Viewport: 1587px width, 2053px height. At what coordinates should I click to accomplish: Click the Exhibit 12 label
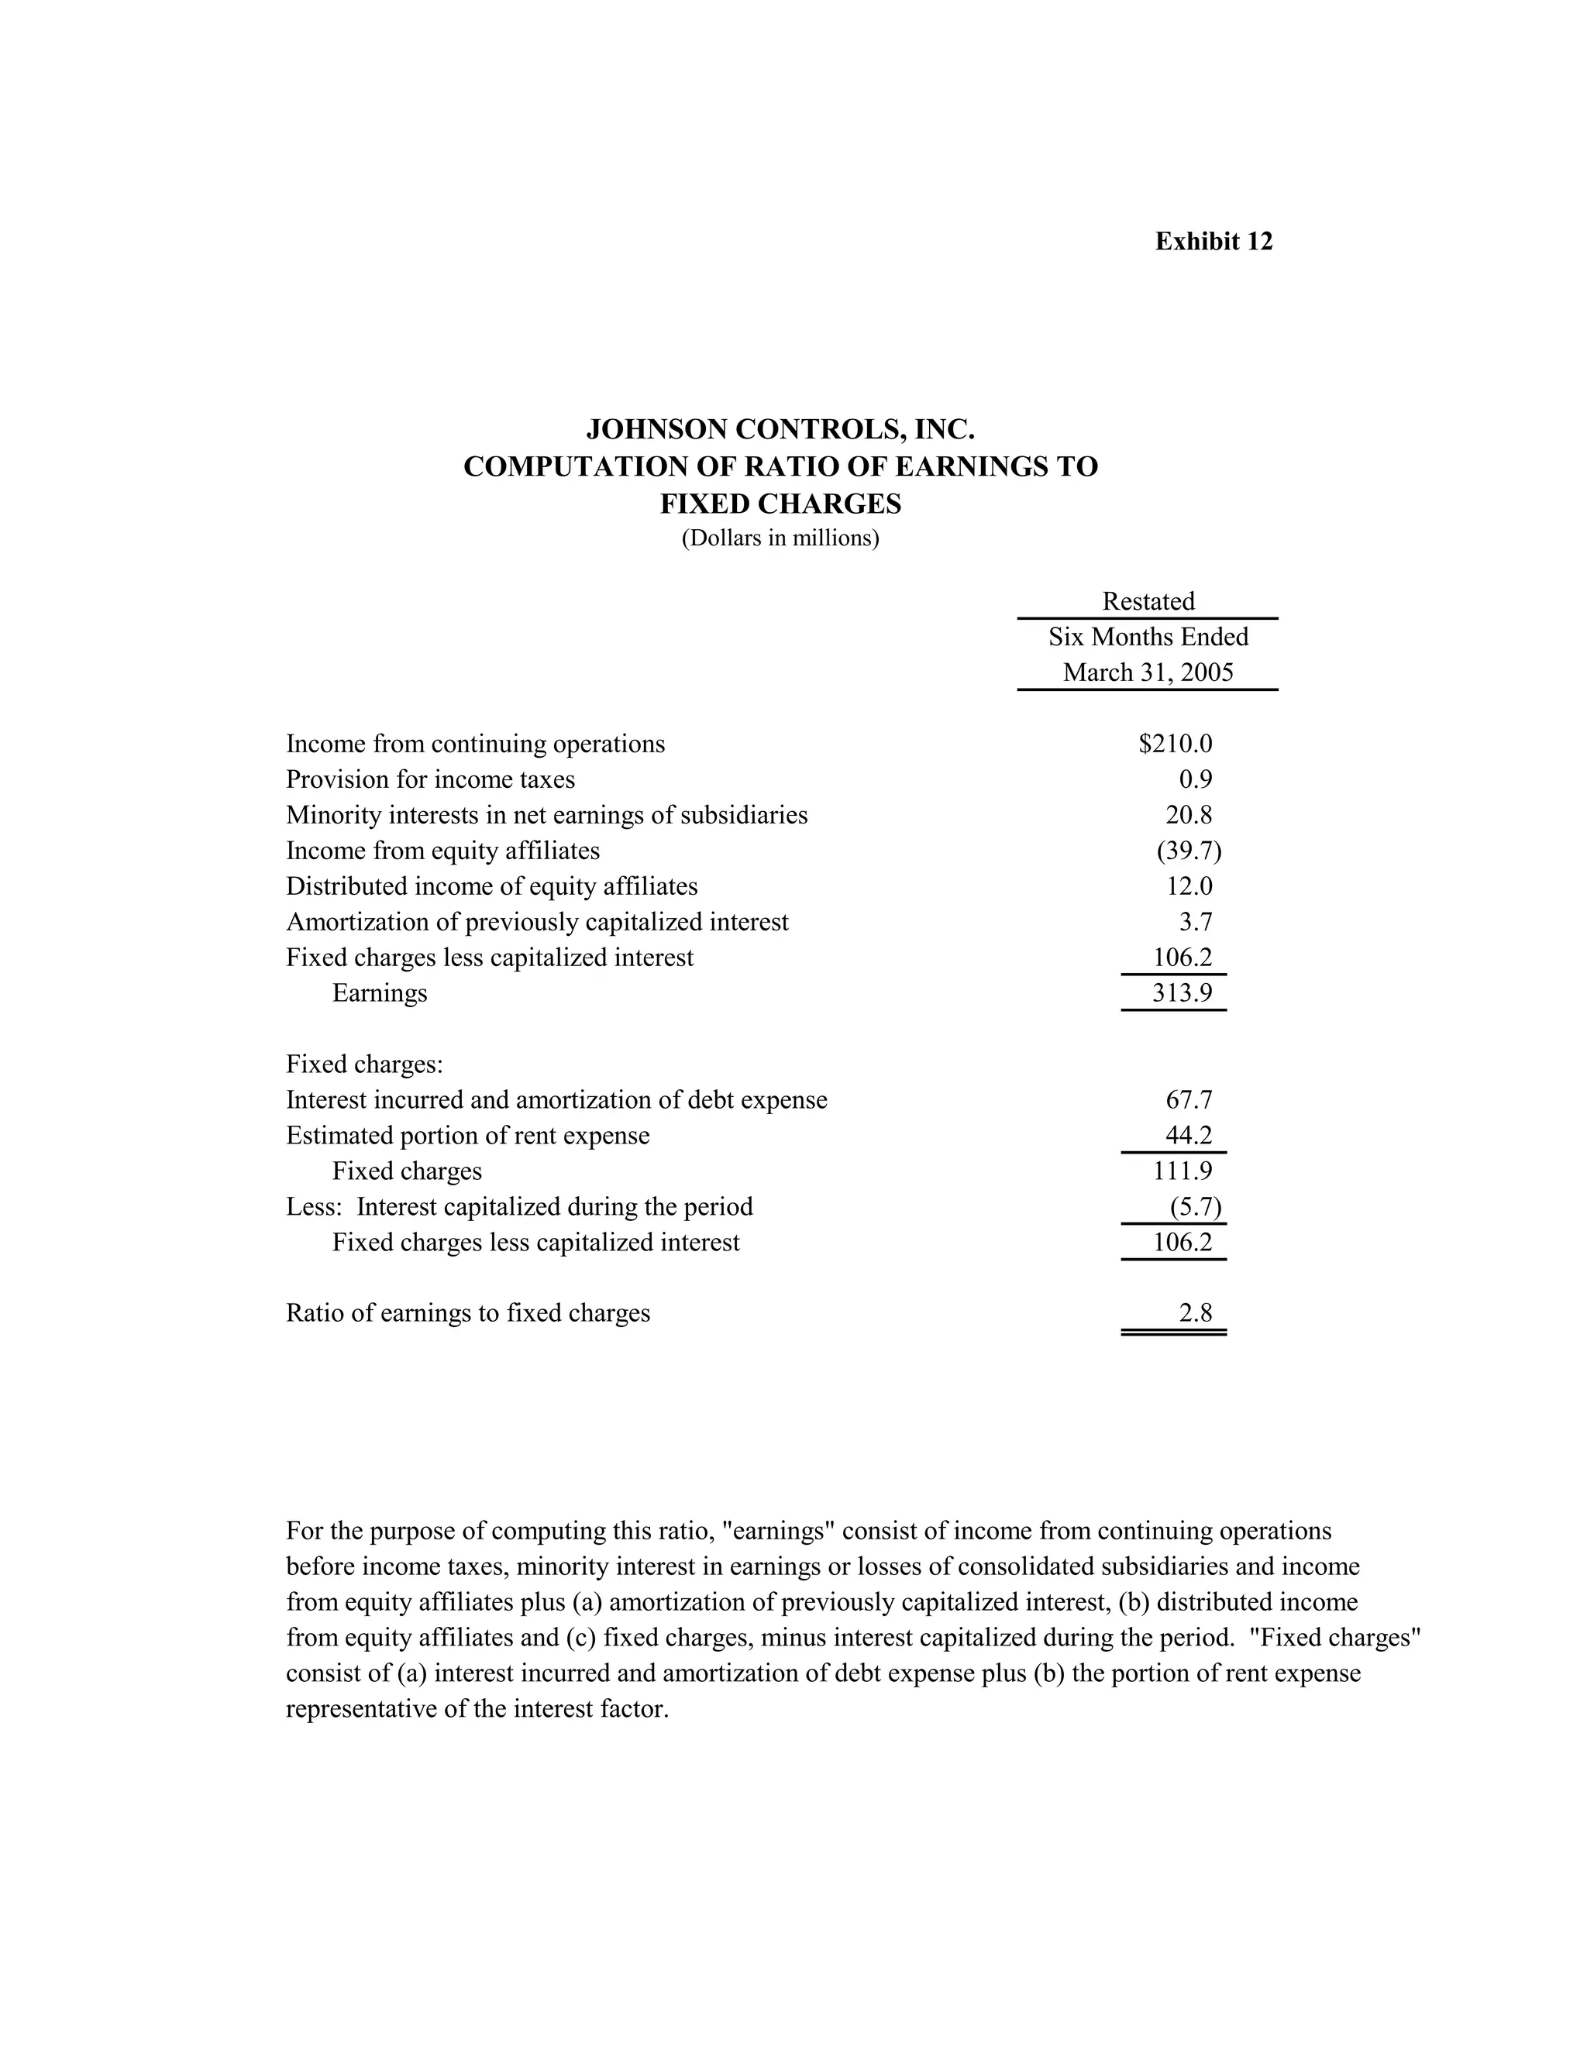coord(1213,242)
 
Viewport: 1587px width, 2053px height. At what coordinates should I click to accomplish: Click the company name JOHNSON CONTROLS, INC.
coord(780,430)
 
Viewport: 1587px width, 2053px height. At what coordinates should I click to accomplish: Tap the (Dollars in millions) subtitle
coord(780,538)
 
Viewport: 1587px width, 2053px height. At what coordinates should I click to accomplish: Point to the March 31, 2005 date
coord(1147,673)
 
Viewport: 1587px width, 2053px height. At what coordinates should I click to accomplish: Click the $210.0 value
coord(1176,745)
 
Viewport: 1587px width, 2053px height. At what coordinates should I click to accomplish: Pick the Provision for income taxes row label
coord(431,780)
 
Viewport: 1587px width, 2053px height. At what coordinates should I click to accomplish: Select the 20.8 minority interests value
coord(1189,815)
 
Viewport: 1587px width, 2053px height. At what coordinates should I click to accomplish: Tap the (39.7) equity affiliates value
coord(1189,851)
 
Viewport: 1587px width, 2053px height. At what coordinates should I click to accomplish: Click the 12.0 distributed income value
coord(1189,886)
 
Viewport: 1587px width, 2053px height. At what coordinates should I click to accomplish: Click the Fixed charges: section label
coord(364,1065)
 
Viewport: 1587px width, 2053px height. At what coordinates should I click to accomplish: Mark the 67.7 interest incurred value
coord(1189,1101)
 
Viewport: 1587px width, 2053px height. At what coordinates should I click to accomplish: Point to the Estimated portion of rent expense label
coord(467,1137)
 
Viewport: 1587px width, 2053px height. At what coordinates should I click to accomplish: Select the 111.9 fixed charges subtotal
coord(1182,1171)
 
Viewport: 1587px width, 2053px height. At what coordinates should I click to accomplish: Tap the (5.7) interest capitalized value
coord(1195,1207)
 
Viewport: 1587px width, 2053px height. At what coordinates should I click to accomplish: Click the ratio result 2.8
coord(1195,1313)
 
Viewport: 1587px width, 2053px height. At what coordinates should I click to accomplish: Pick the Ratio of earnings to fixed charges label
coord(467,1313)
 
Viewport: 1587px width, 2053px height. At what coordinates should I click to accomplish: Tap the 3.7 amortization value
coord(1195,922)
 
